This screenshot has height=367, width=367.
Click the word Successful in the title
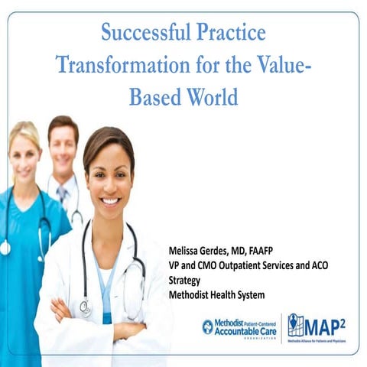[x=144, y=34]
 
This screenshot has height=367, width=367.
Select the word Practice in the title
[x=229, y=34]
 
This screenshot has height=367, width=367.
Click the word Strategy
[x=183, y=280]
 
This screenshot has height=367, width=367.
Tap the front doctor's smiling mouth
[x=110, y=201]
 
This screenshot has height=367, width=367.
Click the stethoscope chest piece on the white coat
[x=86, y=307]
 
